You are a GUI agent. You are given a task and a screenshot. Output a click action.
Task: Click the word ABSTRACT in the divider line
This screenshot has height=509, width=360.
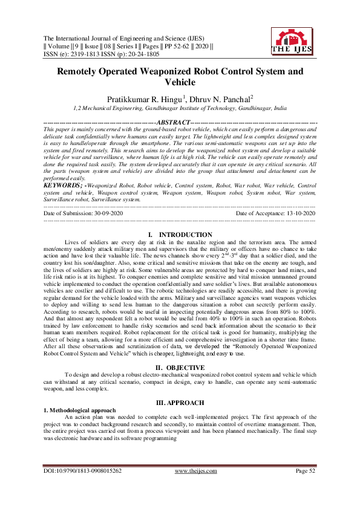pyautogui.click(x=174, y=123)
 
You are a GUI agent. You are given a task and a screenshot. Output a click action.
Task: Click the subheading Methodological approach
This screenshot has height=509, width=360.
pyautogui.click(x=80, y=409)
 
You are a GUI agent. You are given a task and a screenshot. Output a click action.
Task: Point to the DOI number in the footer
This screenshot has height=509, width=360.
pyautogui.click(x=83, y=486)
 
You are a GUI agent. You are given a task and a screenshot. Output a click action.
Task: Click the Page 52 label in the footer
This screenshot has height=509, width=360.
pyautogui.click(x=305, y=486)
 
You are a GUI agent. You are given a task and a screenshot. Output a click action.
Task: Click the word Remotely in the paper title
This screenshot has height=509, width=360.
pyautogui.click(x=82, y=70)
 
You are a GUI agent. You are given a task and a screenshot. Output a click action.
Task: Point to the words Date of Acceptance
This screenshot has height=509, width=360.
pyautogui.click(x=255, y=213)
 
